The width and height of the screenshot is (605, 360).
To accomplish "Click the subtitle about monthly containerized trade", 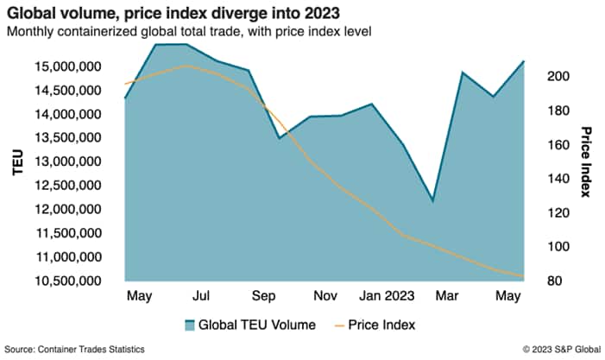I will (x=189, y=32).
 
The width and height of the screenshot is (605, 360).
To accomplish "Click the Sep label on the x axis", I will (x=263, y=296).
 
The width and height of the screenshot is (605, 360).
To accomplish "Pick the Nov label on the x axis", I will (x=325, y=296).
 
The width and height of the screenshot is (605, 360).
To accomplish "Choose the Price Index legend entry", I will (x=379, y=325).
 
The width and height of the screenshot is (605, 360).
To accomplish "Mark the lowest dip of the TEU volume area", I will (x=432, y=201).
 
